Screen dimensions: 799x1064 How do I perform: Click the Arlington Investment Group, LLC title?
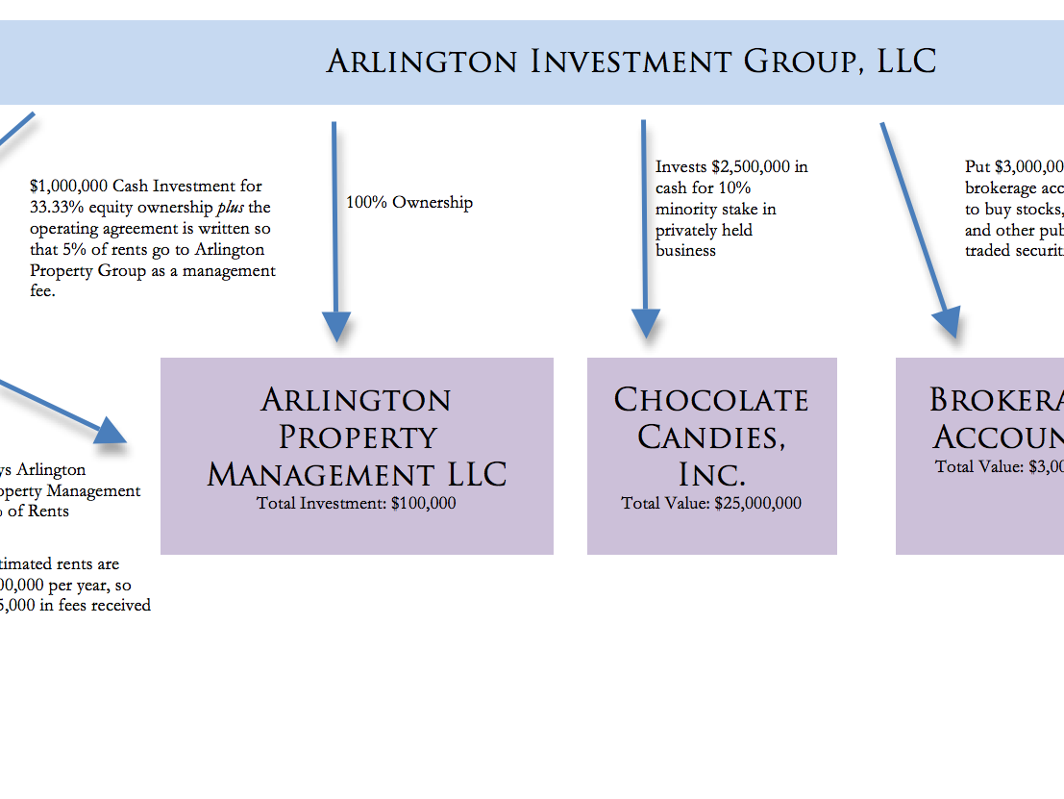coord(631,62)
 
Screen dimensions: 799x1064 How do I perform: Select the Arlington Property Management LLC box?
coord(357,455)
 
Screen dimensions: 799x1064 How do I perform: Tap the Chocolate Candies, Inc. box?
coord(711,455)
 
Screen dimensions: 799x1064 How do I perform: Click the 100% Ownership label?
coord(409,203)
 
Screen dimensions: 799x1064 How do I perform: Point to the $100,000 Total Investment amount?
coord(424,503)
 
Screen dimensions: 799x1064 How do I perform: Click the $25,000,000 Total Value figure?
coord(757,503)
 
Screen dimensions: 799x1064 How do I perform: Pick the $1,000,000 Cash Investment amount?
coord(68,187)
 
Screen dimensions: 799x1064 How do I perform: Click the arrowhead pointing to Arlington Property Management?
coord(335,327)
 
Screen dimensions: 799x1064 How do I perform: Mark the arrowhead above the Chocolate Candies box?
coord(646,323)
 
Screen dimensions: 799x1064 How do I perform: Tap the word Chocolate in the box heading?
coord(711,400)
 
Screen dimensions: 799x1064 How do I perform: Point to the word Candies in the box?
coord(711,437)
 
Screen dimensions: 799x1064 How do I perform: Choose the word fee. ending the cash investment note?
coord(42,291)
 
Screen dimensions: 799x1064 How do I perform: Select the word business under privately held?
coord(685,251)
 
